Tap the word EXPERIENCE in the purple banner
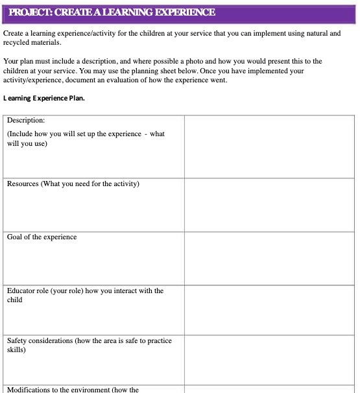point(181,12)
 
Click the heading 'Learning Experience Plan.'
point(44,99)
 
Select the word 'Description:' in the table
point(26,121)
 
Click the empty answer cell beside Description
point(269,147)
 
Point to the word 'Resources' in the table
point(23,184)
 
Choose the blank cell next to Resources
point(269,205)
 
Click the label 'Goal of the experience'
point(42,237)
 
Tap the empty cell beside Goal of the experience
point(269,258)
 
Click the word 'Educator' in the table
point(21,291)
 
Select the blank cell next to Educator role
point(269,310)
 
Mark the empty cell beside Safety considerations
point(269,360)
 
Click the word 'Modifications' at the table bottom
point(29,389)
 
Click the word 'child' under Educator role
point(15,300)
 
